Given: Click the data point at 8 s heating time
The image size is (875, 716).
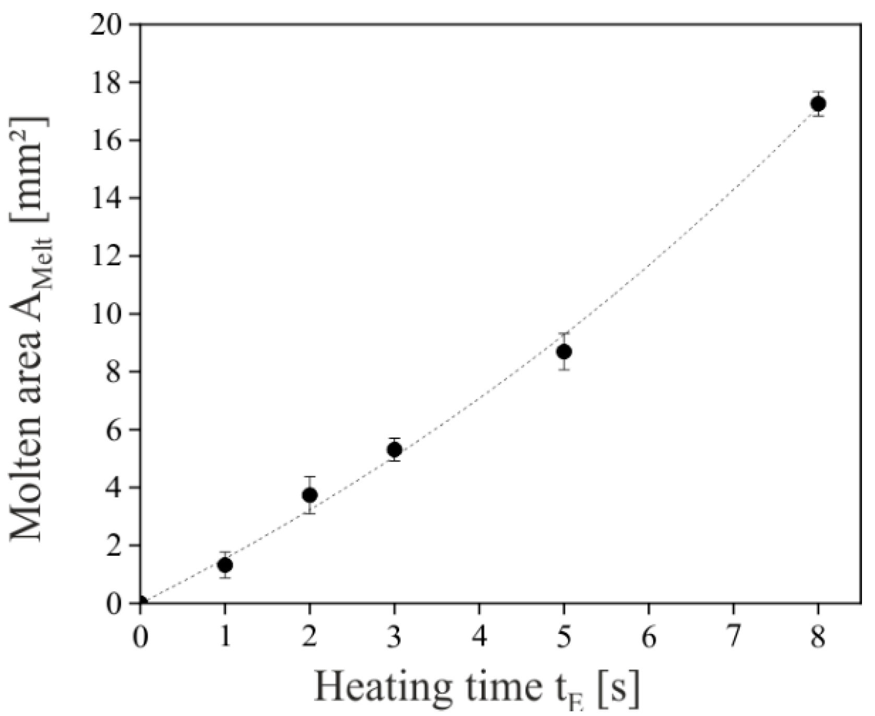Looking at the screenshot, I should tap(818, 104).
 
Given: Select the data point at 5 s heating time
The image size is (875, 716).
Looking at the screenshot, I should tap(564, 352).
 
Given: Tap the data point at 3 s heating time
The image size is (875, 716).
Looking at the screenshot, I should tap(394, 449).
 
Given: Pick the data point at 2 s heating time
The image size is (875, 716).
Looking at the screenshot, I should tap(310, 494).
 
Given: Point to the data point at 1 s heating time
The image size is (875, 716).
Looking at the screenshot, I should tap(225, 565).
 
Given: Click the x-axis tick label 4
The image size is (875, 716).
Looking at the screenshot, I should tap(480, 638).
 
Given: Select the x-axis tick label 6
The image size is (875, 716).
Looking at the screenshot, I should tap(649, 638).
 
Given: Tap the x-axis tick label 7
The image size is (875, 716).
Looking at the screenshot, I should tap(734, 638).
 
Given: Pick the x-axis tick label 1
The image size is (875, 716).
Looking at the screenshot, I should tap(225, 638).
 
